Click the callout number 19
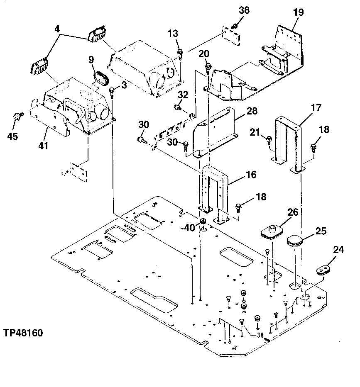click(x=298, y=12)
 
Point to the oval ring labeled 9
click(x=100, y=78)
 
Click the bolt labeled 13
click(x=181, y=53)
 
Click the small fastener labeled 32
click(x=178, y=108)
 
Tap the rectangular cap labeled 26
click(x=272, y=231)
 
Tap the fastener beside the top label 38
click(x=235, y=27)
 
